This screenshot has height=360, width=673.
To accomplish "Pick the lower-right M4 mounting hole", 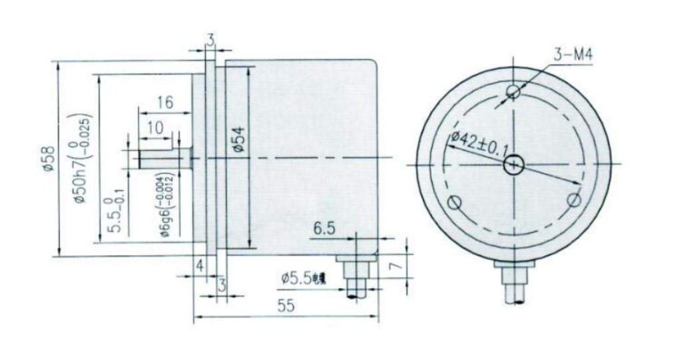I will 574,200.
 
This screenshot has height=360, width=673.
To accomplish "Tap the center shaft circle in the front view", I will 514,164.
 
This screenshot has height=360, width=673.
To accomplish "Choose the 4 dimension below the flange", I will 199,265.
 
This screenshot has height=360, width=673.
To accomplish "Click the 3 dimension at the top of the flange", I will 210,41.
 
